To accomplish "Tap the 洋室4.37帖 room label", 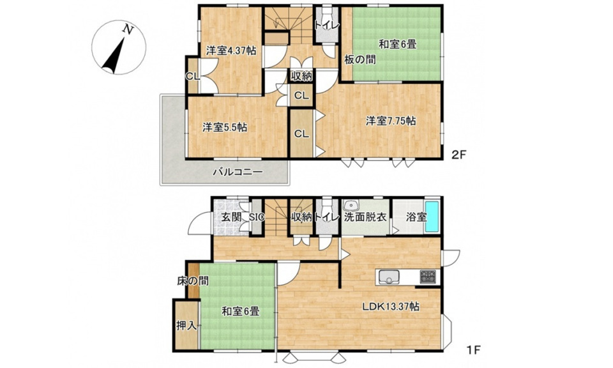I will (x=231, y=50).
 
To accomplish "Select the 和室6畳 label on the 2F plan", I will (x=397, y=45).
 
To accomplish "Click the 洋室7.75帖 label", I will (x=391, y=121).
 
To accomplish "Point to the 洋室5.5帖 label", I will (x=225, y=127).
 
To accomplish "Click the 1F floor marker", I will (x=473, y=349).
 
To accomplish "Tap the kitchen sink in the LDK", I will (x=388, y=277).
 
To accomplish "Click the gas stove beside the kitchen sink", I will (x=428, y=277).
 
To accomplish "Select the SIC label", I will (x=257, y=217).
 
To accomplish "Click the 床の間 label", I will (x=193, y=280).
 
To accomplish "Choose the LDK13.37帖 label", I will (x=390, y=306).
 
